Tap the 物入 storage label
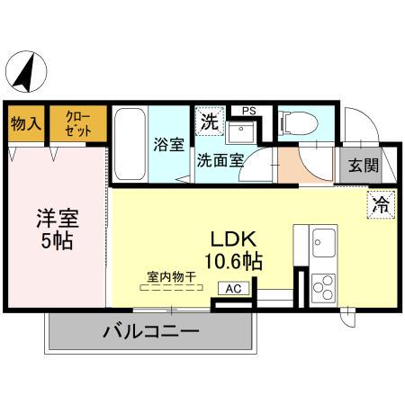point(25,124)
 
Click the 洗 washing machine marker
point(208,121)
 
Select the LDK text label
point(235,238)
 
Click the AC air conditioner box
point(233,288)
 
